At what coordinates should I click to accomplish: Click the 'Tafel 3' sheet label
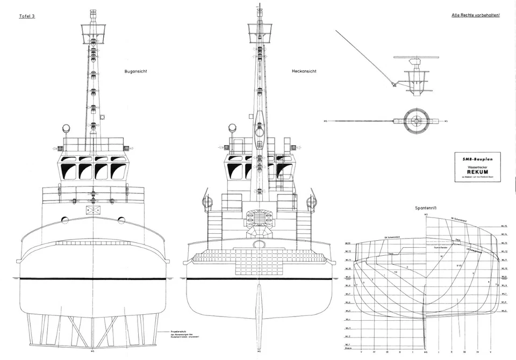tap(27, 17)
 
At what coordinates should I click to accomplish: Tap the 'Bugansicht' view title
tap(136, 71)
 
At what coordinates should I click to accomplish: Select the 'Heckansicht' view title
tap(304, 71)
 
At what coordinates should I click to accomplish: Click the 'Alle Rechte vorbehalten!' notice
tap(475, 16)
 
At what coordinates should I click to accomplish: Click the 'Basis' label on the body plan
tap(348, 349)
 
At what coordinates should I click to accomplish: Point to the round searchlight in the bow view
tap(67, 128)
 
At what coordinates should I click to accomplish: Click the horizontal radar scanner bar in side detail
tap(418, 57)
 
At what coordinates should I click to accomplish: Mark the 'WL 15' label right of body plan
tap(504, 226)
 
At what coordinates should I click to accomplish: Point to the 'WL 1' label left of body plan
tap(348, 344)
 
